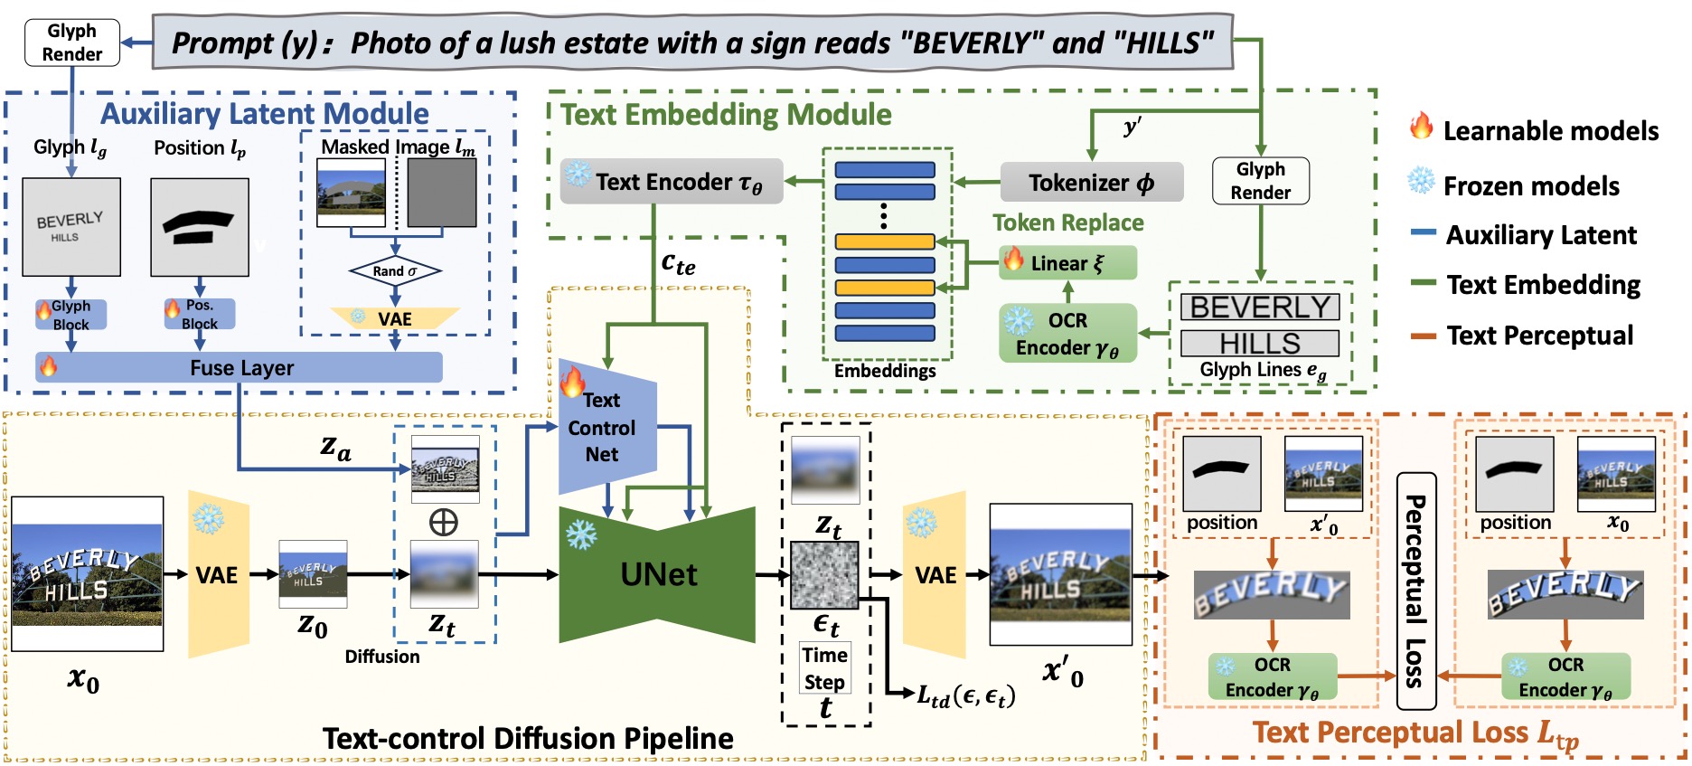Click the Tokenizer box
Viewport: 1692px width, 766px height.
click(1091, 183)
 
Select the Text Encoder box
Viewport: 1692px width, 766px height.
click(672, 182)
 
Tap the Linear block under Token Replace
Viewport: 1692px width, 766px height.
click(1067, 263)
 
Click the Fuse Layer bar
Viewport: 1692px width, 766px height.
click(240, 367)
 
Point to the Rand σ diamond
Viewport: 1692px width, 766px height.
click(395, 270)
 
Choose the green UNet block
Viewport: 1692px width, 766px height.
click(657, 574)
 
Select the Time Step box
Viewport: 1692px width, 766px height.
click(824, 668)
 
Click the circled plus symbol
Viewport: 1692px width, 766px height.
click(443, 522)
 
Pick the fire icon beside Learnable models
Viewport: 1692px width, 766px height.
click(1421, 127)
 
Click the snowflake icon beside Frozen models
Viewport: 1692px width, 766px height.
click(1421, 182)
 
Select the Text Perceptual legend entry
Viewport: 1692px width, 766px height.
click(1539, 336)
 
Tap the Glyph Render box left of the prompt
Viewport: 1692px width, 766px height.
click(72, 43)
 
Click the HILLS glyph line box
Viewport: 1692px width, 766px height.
click(1260, 344)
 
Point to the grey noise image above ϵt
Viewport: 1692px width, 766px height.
click(824, 575)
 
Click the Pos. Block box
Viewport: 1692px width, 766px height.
click(200, 314)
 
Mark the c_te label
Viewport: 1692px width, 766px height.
click(678, 264)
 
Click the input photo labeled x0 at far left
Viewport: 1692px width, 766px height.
click(87, 574)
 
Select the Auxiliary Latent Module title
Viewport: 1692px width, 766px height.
click(264, 114)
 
